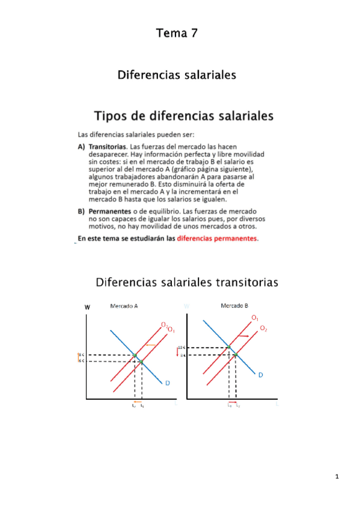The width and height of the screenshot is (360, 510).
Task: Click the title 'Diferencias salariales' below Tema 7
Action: click(177, 75)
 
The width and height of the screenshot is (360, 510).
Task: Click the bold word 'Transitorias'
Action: click(107, 146)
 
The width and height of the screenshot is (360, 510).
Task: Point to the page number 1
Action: click(337, 477)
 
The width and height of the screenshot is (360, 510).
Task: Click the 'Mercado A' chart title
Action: click(124, 306)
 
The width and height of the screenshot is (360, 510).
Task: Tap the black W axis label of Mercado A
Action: click(88, 307)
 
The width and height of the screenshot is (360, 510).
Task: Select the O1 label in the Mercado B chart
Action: click(255, 317)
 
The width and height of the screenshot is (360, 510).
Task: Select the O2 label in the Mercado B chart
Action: click(263, 328)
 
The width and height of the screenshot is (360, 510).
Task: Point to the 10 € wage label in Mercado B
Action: click(180, 347)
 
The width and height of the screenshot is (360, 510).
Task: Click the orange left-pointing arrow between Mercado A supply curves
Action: click(151, 345)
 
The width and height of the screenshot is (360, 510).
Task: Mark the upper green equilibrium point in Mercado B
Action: click(228, 346)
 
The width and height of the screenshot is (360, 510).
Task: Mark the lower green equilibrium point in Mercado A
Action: click(141, 361)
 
